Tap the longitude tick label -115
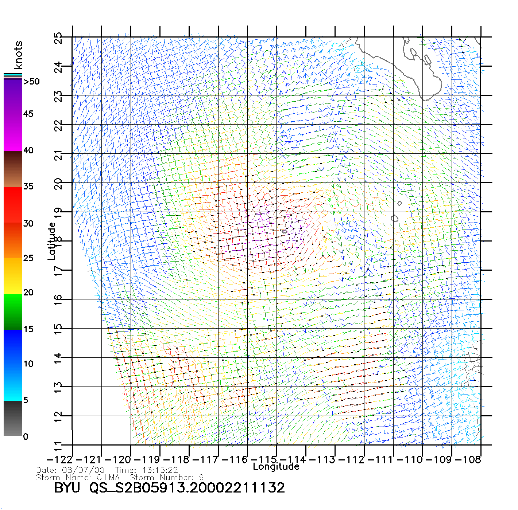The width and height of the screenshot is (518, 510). pos(265,460)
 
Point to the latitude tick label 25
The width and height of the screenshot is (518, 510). pos(58,38)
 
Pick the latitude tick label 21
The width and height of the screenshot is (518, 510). pos(58,155)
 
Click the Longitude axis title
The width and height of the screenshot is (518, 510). pos(276,467)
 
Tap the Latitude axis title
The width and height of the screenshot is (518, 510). pos(52,241)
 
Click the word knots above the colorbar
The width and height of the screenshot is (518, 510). pos(18,55)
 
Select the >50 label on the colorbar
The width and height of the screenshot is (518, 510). pos(32,82)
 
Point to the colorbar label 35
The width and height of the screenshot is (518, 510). pos(28,187)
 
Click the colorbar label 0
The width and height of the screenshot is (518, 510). pos(26,437)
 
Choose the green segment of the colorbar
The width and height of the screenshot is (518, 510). pos(13,311)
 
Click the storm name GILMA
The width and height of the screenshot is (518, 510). pos(108,477)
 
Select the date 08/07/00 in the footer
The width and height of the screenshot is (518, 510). pos(83,470)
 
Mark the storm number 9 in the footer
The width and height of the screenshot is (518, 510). pos(201,477)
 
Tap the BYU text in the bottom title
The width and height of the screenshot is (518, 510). pos(67,488)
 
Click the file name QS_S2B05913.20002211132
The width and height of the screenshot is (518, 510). pos(187,488)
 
